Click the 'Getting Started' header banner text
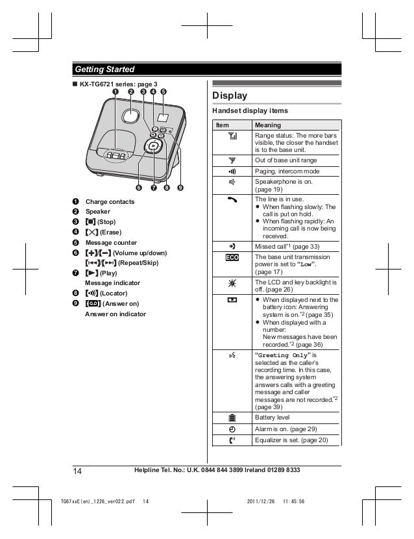point(104,69)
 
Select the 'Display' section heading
point(230,95)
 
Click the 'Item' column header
point(223,125)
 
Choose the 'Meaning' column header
point(268,125)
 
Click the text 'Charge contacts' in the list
point(110,202)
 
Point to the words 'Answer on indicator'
point(116,314)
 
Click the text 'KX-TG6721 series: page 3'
point(118,84)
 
